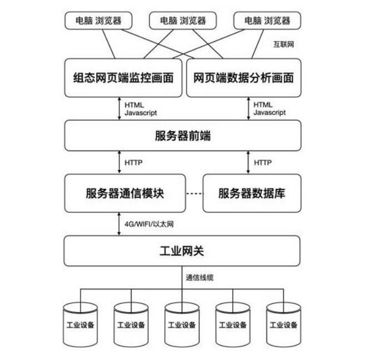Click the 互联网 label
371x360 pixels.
[284, 44]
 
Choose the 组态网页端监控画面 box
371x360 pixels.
[124, 78]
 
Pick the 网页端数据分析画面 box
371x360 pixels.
[243, 78]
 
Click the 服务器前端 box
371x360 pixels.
[182, 136]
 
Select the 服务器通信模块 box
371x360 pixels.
[124, 193]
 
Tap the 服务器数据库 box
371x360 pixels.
[252, 193]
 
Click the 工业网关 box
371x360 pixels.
[182, 251]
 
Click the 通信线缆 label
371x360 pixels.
[199, 276]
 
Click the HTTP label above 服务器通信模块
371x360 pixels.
[134, 163]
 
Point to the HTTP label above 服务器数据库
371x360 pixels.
[263, 163]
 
